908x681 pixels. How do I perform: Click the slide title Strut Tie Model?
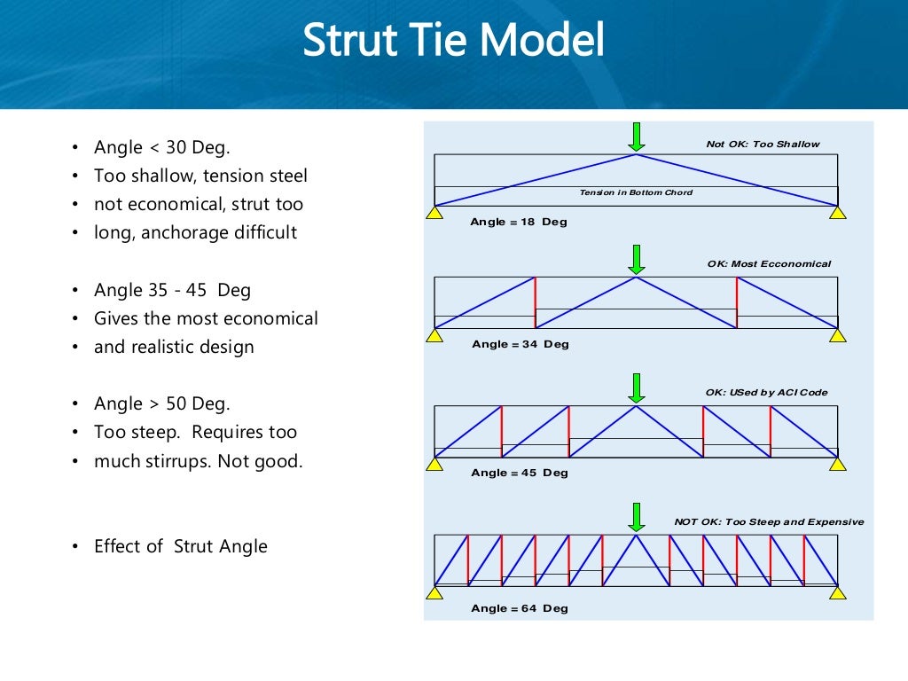pos(453,41)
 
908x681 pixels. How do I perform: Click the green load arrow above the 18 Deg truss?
pos(636,137)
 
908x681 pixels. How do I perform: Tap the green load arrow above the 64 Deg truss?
pos(636,516)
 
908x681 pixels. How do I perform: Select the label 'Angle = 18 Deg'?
pos(519,222)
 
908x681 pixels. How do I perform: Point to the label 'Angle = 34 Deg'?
pos(520,344)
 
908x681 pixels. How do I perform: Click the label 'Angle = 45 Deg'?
pos(520,473)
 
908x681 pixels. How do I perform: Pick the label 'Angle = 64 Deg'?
pos(520,608)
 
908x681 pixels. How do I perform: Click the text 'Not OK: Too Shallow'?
pos(763,144)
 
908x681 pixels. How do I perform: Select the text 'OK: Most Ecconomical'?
pos(769,263)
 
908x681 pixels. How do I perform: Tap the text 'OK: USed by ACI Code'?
pos(766,392)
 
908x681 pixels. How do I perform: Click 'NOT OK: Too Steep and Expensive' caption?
pos(769,521)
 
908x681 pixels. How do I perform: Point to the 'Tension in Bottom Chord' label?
pos(636,192)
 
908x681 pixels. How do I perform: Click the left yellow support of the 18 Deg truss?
pos(434,213)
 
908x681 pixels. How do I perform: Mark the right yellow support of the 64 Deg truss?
pos(837,592)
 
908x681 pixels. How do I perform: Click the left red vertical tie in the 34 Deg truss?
pos(536,302)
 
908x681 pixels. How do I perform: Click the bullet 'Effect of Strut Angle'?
pos(181,546)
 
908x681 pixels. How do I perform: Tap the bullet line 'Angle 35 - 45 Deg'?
pos(172,290)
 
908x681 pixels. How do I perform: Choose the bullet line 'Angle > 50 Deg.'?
pos(162,403)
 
